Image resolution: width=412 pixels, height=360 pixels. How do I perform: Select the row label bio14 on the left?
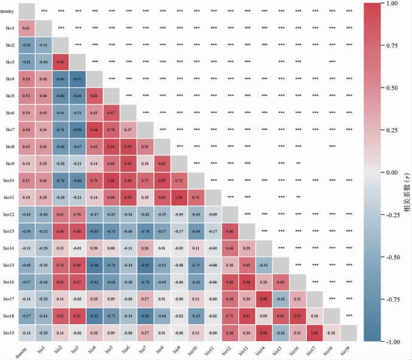coord(10,248)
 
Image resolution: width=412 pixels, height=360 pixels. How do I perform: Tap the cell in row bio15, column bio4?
coord(94,265)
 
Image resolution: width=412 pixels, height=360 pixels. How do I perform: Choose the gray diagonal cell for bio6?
coord(128,113)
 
